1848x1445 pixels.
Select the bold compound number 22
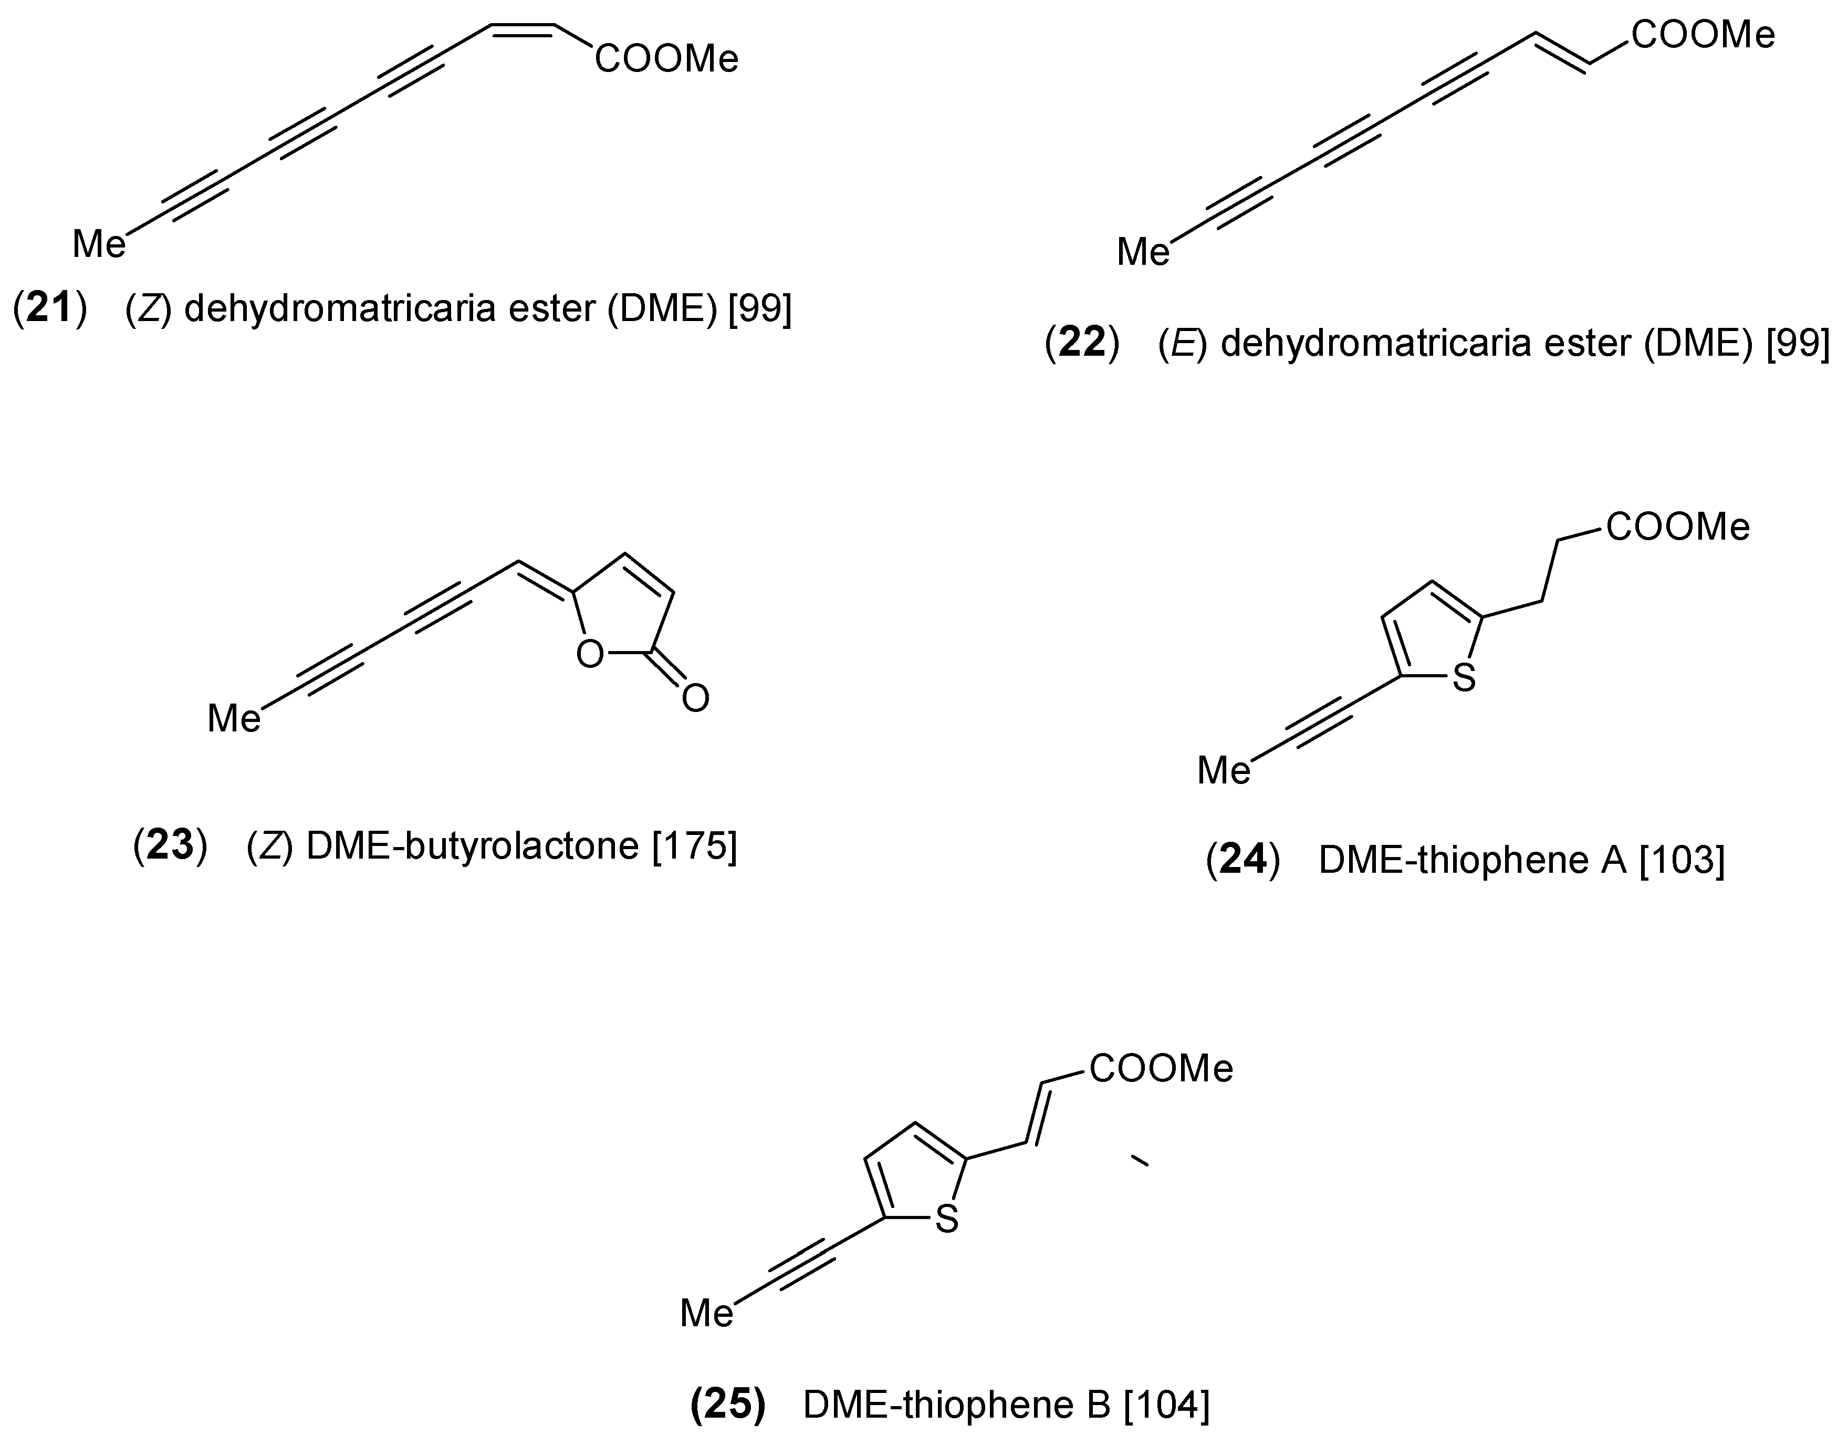[1083, 343]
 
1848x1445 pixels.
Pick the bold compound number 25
[728, 1405]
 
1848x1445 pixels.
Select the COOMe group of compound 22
[1703, 36]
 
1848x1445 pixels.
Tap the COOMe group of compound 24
[1678, 528]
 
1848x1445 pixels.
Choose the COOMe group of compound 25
[1161, 1069]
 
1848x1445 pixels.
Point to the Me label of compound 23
[234, 719]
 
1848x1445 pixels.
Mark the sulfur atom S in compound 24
[1464, 677]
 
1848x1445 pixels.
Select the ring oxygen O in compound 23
[590, 655]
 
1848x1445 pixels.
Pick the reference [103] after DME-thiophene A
[1682, 860]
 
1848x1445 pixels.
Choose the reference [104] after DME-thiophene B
[1166, 1405]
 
